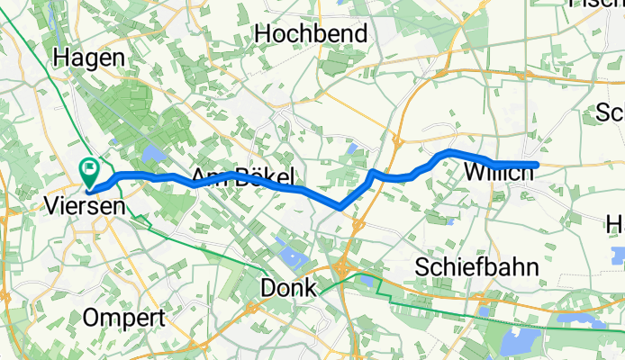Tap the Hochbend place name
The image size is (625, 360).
coord(312,34)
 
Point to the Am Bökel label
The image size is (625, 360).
coord(242,176)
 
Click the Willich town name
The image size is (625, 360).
coord(497,171)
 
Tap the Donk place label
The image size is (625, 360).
coord(287,288)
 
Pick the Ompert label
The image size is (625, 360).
coord(123,318)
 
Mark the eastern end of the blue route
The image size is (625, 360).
coord(536,164)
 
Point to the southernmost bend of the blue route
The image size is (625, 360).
coord(340,207)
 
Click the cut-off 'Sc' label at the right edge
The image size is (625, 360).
coord(611,112)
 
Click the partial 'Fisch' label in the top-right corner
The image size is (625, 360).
coord(598,4)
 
